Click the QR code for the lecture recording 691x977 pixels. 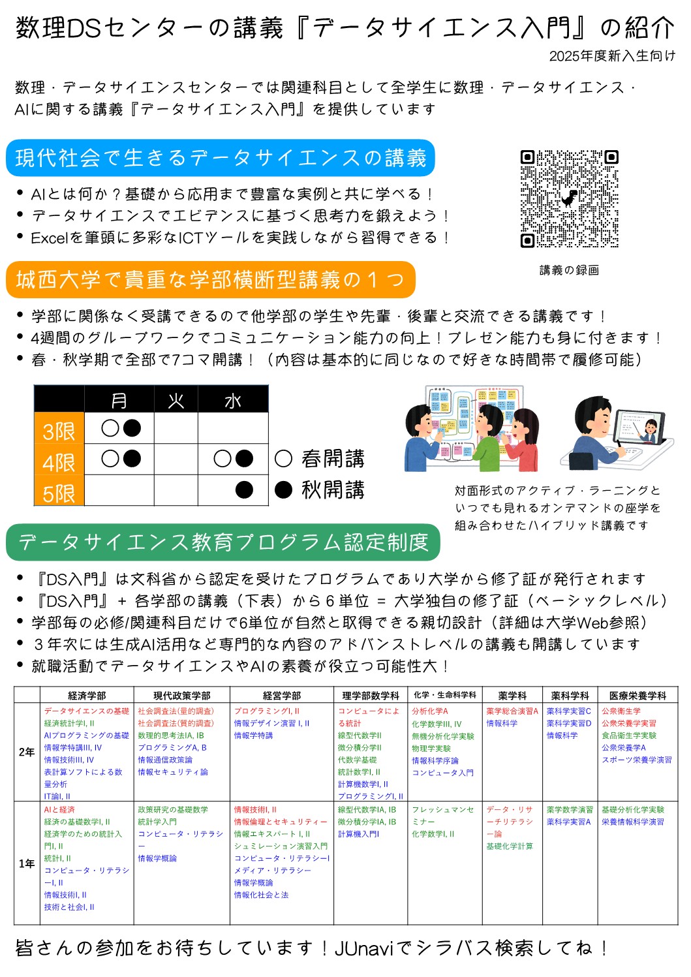(569, 198)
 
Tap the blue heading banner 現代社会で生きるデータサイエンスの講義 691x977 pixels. (221, 158)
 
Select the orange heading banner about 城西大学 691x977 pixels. (210, 280)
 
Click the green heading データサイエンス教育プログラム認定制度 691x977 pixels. (223, 542)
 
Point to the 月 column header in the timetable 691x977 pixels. (119, 400)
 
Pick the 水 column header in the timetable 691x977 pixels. (233, 400)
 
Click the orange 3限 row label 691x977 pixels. (59, 431)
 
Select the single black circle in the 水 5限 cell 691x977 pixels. (244, 489)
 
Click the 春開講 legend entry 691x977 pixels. (320, 459)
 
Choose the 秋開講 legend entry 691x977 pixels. (320, 489)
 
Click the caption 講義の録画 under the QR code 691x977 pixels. (569, 270)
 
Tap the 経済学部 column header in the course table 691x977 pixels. (87, 696)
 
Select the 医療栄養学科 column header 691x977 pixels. (637, 696)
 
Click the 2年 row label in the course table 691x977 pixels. (27, 752)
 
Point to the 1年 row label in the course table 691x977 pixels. (27, 863)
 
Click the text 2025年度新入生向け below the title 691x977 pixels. (612, 56)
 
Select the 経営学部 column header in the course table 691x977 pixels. (282, 696)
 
